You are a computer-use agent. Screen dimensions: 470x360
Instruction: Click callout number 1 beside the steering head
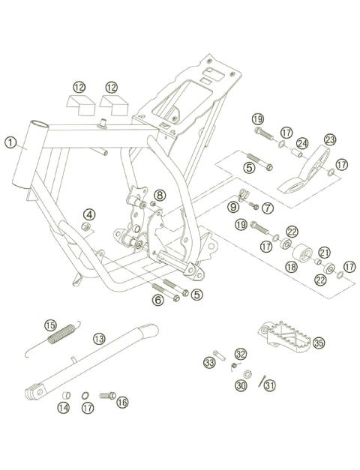tap(10, 141)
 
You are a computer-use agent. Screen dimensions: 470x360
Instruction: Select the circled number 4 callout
tap(88, 215)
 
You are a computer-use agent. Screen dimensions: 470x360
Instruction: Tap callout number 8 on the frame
tap(159, 196)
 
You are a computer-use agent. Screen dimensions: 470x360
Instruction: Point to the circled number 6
tap(158, 300)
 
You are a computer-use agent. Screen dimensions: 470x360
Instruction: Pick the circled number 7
tap(268, 206)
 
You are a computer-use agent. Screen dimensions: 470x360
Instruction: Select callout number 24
tap(302, 143)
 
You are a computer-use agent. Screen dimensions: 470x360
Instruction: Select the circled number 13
tap(98, 338)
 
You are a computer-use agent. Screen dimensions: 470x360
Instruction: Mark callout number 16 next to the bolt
tap(121, 402)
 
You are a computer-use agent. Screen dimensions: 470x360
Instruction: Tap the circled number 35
tap(319, 343)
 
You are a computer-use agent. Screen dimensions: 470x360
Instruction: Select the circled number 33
tap(210, 363)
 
